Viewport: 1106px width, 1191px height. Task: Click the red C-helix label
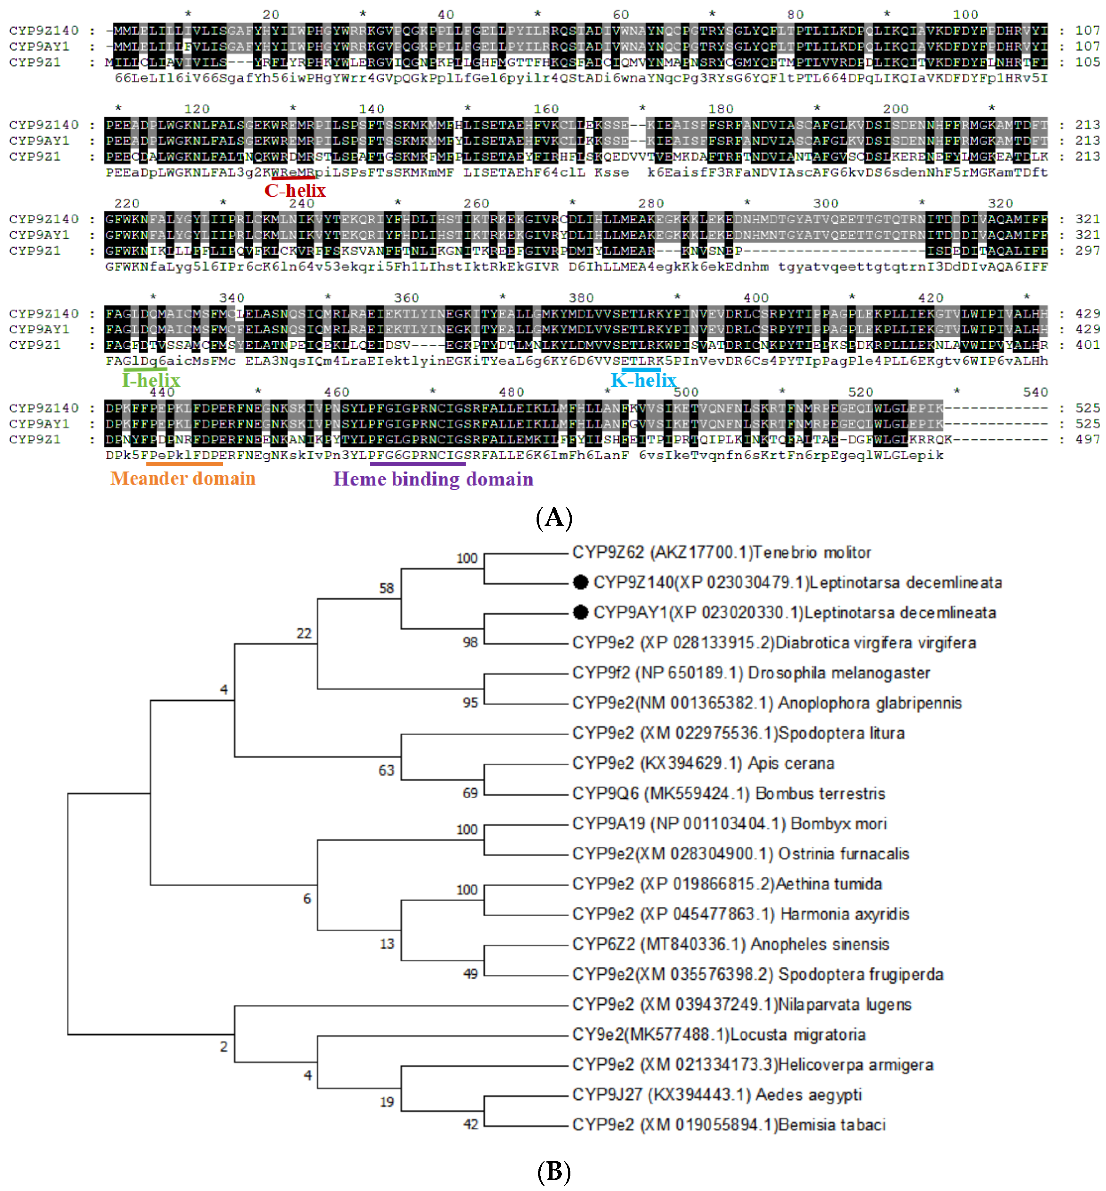295,190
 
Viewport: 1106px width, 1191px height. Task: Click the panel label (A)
553,517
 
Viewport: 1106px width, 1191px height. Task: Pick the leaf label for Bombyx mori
729,824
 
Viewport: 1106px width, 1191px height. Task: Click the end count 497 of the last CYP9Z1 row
1087,439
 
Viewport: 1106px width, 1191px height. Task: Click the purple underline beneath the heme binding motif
417,464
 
